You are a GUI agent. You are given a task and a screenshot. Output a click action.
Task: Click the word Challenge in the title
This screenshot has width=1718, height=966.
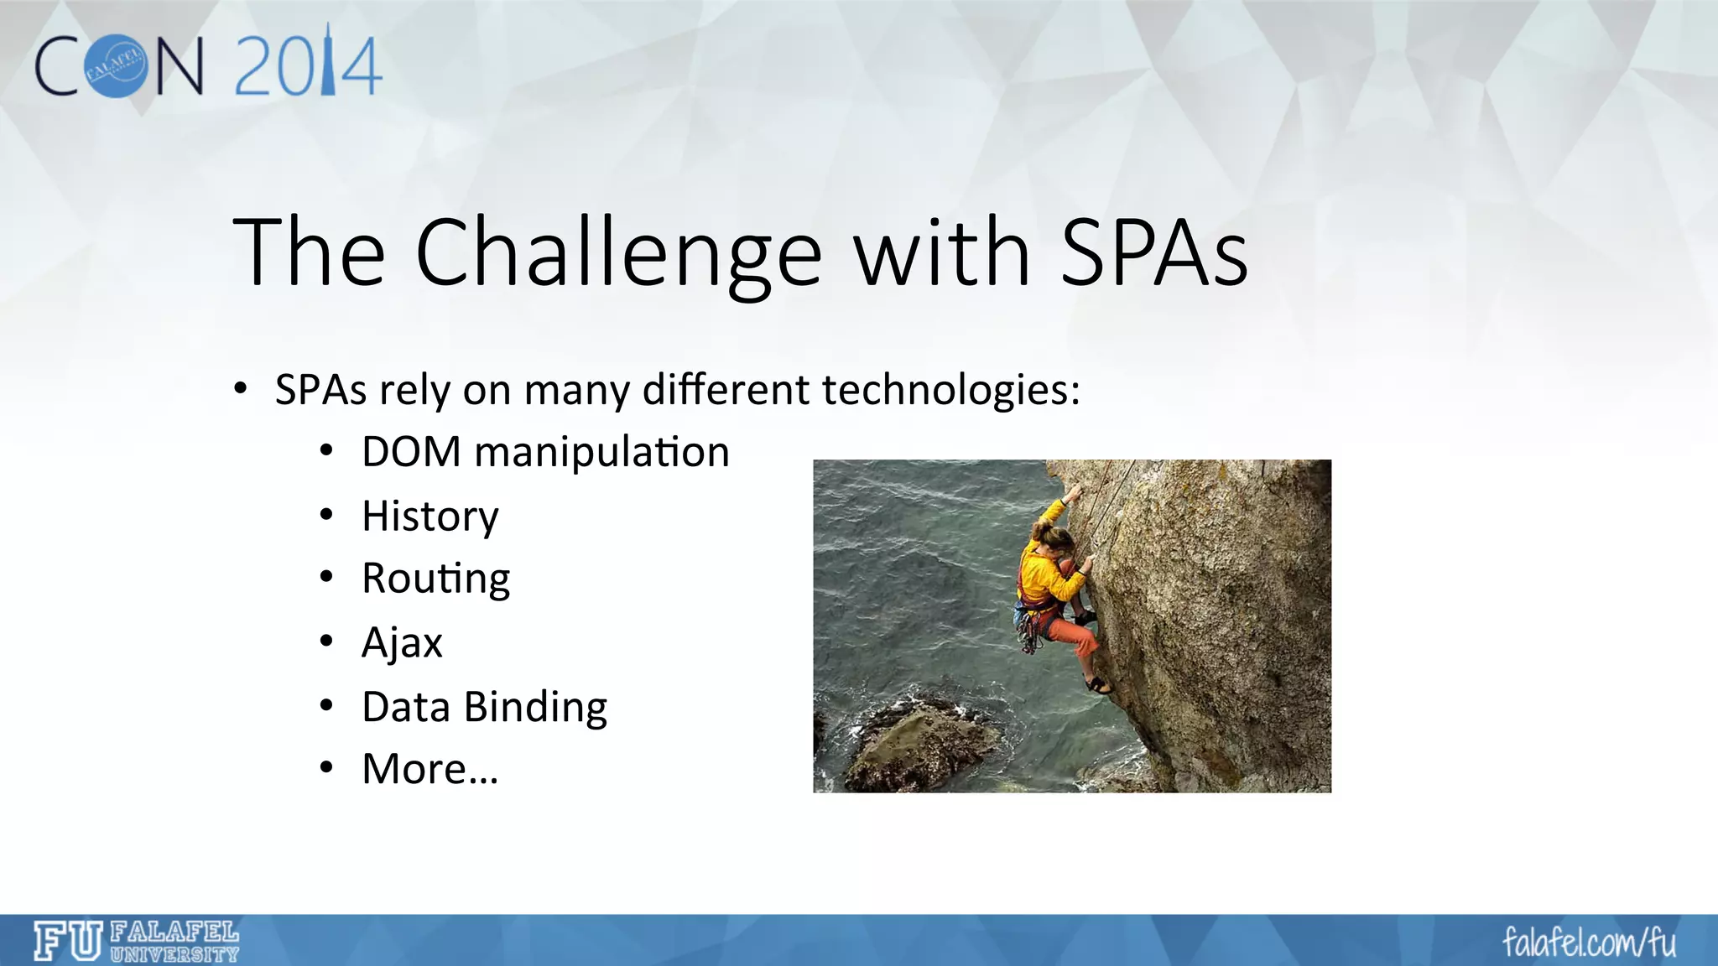pos(618,252)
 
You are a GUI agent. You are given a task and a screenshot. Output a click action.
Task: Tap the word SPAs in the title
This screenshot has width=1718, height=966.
pos(1153,252)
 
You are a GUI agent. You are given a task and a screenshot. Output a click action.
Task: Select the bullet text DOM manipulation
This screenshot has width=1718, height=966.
pos(545,452)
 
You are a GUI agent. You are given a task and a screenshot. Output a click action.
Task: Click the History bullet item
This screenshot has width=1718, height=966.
pos(429,516)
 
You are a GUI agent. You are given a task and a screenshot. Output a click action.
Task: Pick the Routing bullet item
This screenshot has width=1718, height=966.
pos(435,579)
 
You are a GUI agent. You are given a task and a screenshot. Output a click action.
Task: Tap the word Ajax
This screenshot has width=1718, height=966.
pos(402,643)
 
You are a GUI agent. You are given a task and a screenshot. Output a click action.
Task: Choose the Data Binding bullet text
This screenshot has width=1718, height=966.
pos(484,707)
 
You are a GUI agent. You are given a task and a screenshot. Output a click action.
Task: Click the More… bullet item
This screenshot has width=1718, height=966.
pos(429,769)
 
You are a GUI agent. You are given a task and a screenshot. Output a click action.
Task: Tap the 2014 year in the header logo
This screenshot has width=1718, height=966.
pos(308,65)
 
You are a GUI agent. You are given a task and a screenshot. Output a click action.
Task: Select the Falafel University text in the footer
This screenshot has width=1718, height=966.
pos(174,942)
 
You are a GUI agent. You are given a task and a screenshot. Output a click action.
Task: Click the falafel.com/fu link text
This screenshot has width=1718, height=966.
pos(1588,943)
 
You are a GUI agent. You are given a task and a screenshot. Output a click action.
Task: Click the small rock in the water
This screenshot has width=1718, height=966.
pos(919,742)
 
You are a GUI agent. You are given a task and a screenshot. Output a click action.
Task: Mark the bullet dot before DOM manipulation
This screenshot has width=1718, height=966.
pos(327,453)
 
